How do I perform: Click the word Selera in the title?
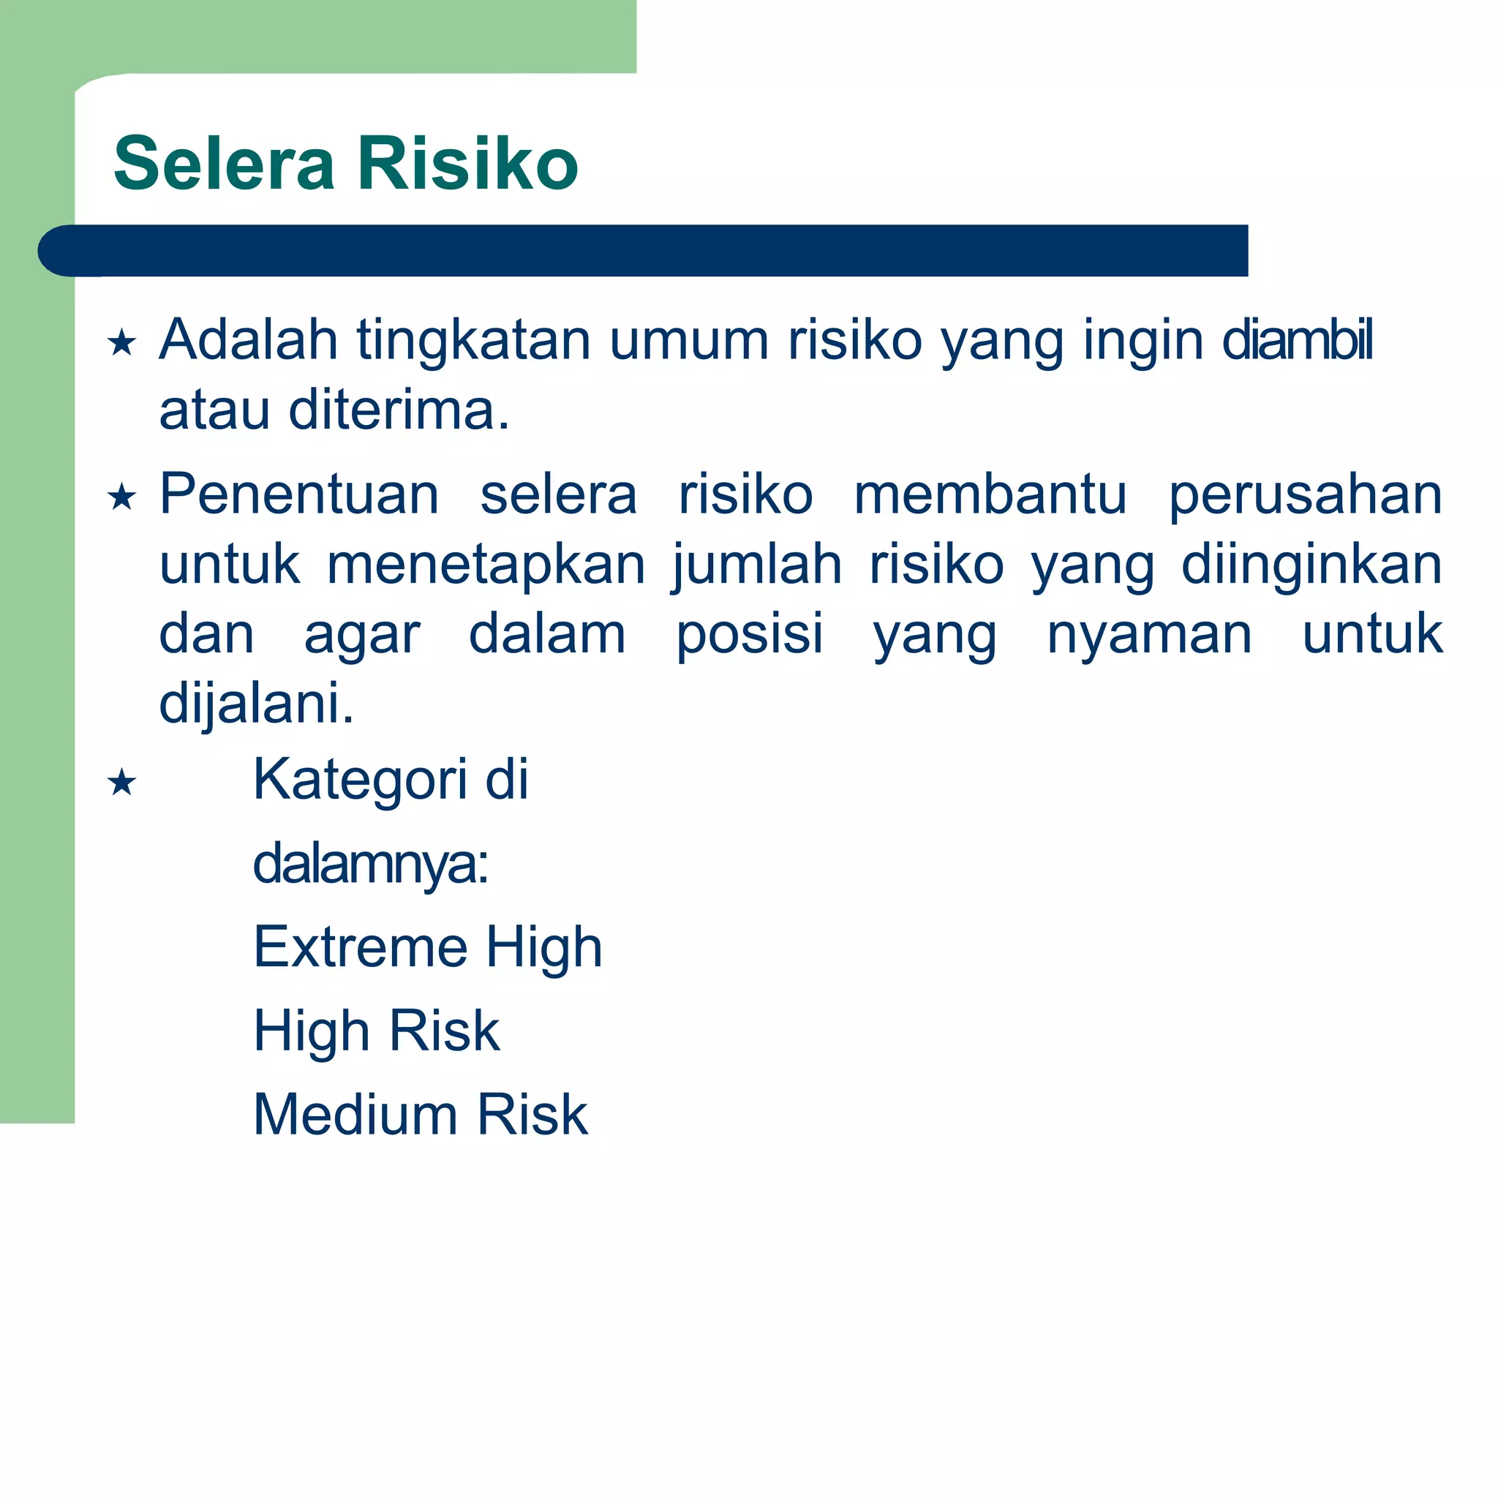224,164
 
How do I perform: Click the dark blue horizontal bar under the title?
644,250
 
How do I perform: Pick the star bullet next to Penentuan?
121,496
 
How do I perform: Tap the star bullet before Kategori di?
121,783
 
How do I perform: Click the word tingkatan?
473,341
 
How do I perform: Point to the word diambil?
1296,341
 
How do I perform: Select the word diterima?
399,410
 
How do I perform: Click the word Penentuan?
299,494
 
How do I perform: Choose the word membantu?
990,494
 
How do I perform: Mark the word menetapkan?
486,565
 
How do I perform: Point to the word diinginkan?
1311,565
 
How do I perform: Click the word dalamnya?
370,865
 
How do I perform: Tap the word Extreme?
360,947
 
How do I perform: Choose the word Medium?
355,1115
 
